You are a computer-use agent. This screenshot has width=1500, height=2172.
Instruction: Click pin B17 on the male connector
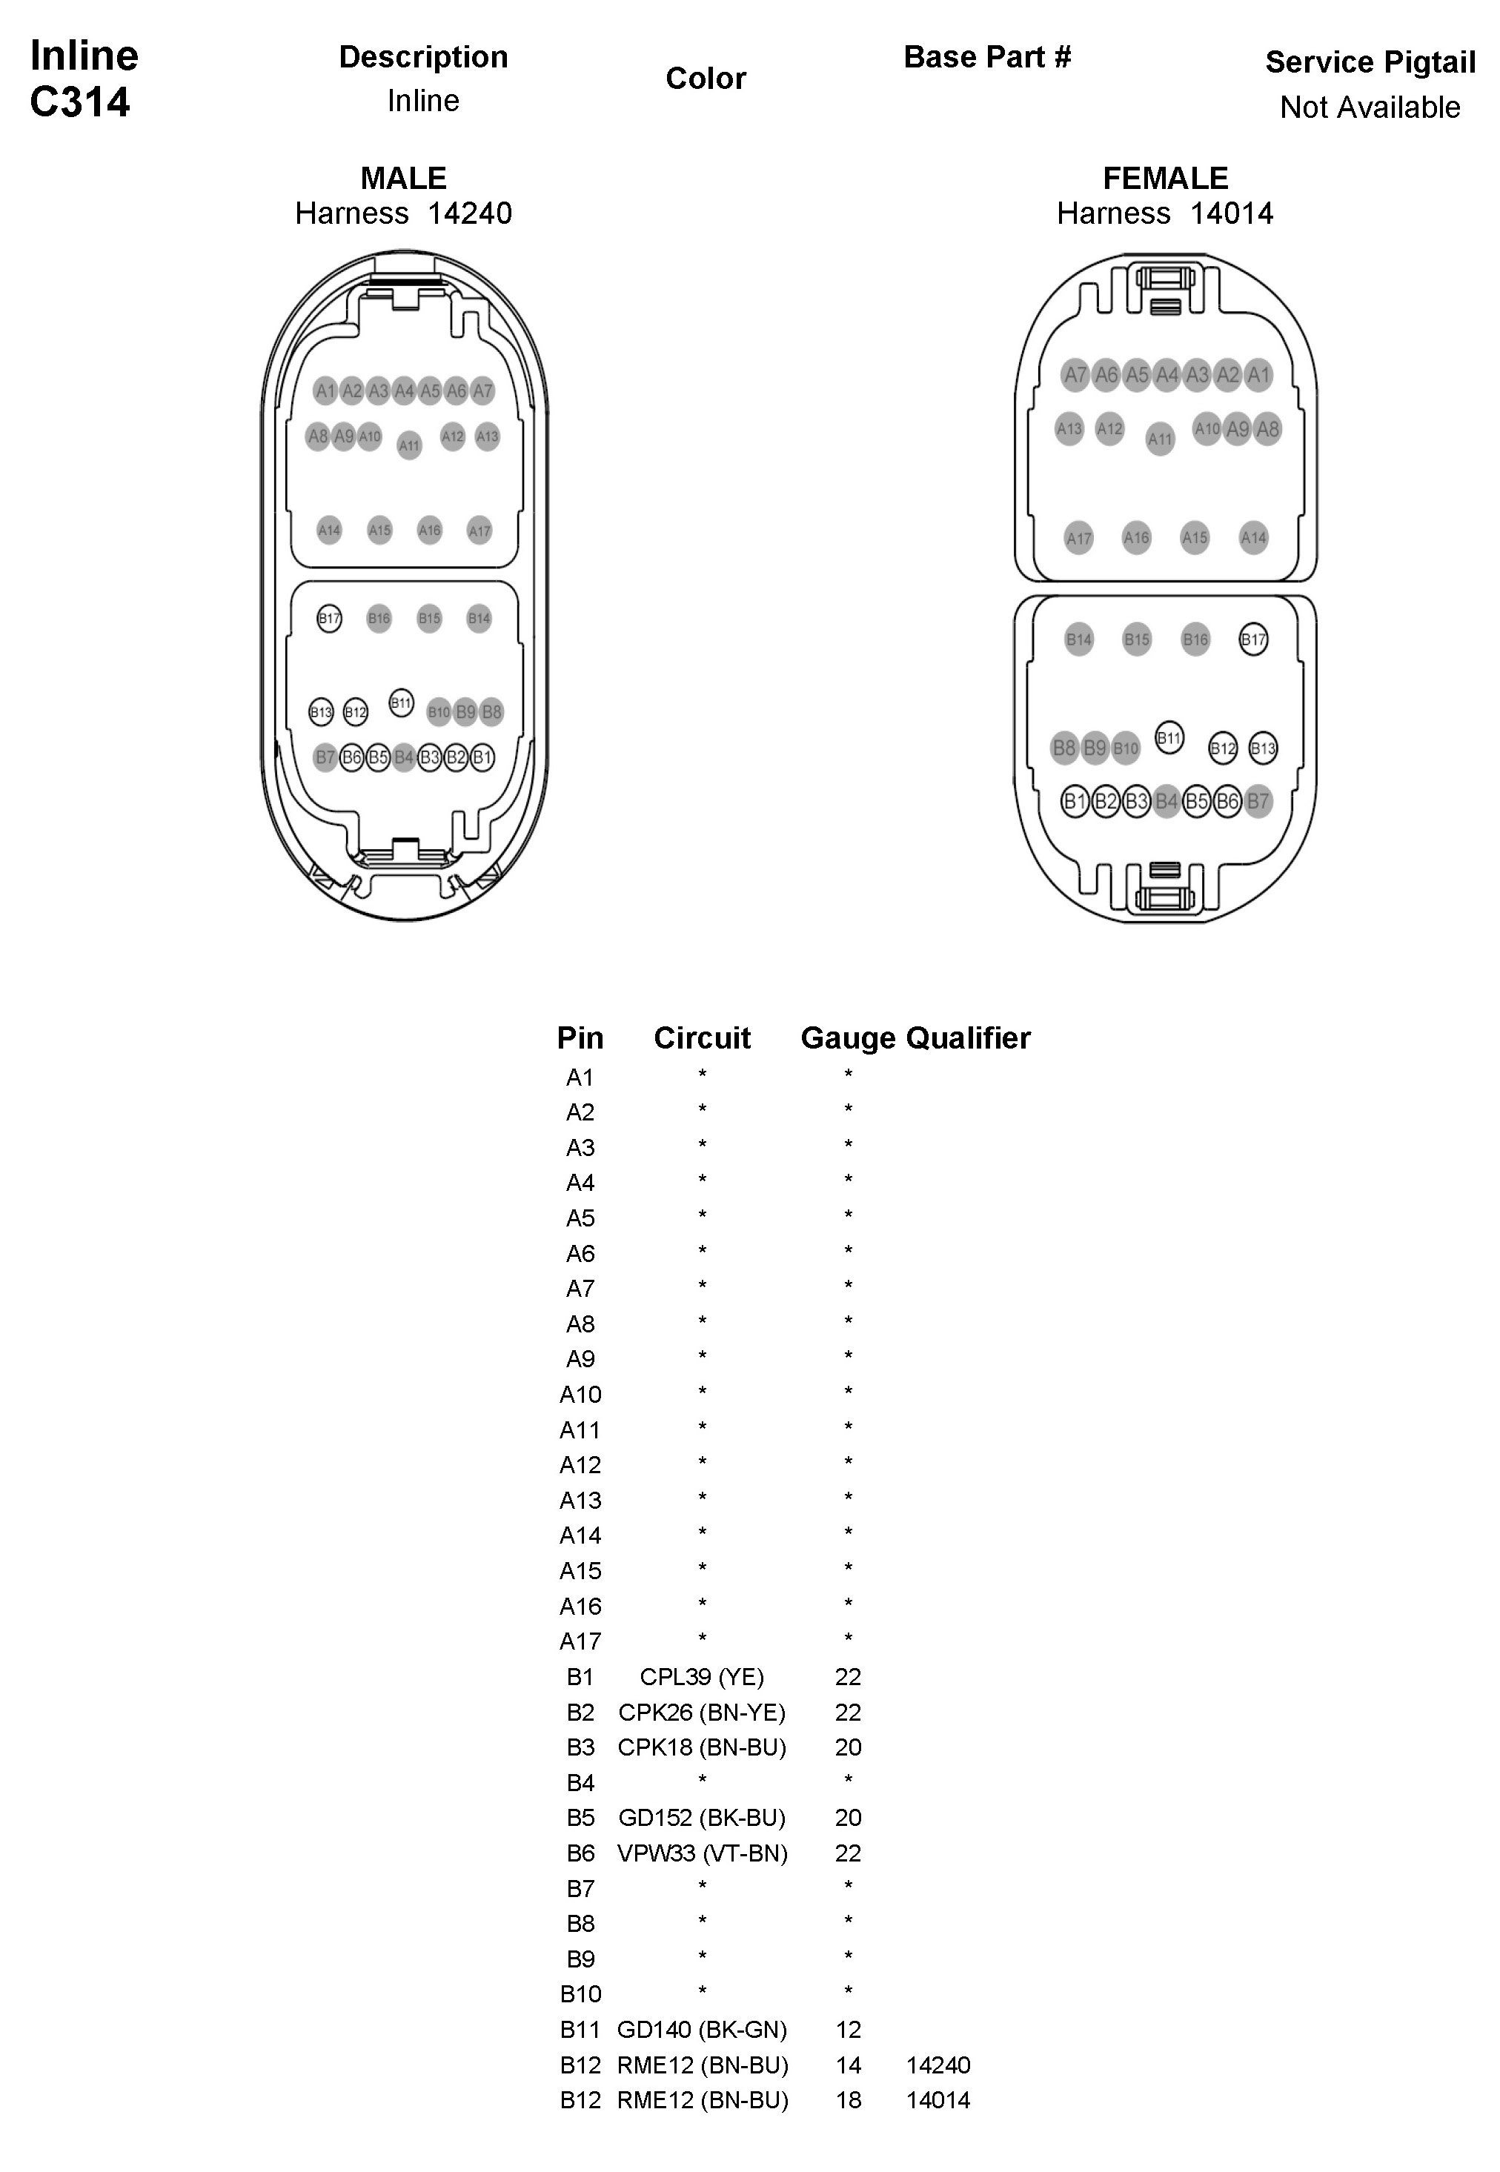(x=329, y=619)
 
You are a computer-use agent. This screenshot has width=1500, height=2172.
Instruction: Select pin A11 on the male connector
(x=409, y=445)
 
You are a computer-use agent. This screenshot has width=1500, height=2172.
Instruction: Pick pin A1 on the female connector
(x=1258, y=375)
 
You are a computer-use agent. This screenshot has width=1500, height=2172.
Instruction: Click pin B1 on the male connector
(x=482, y=757)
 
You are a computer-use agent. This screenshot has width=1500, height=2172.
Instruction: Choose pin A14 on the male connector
(x=329, y=530)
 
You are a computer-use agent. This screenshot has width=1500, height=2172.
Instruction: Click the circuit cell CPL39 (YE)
(x=701, y=1677)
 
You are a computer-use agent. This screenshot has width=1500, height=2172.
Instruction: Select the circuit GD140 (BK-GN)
(x=701, y=2029)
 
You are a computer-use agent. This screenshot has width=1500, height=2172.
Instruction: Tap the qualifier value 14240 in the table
(x=938, y=2065)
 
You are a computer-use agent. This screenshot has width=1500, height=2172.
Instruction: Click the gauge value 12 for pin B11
(x=848, y=2029)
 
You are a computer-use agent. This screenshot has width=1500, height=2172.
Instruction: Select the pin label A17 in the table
(x=580, y=1641)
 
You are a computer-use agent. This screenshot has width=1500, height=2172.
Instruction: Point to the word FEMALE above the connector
(x=1166, y=178)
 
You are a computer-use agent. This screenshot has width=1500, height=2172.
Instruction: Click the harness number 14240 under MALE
(x=469, y=213)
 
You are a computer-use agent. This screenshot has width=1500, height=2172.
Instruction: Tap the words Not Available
(x=1370, y=107)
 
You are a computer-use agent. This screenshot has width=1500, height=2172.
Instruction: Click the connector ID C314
(x=80, y=102)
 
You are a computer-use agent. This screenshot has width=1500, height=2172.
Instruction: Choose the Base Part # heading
(x=987, y=57)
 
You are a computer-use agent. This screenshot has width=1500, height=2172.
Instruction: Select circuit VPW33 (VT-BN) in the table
(x=701, y=1853)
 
